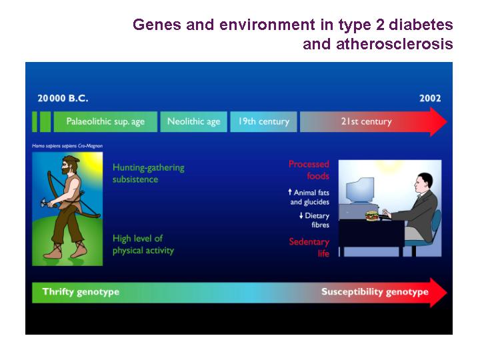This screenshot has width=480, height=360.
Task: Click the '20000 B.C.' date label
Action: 63,98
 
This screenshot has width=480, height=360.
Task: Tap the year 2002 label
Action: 430,98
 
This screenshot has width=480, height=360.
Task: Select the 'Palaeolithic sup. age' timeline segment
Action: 105,121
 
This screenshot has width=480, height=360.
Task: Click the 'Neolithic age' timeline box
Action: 193,121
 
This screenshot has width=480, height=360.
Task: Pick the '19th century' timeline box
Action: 263,121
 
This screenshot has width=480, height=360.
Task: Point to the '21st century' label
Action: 367,121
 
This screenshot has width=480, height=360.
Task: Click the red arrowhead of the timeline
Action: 439,121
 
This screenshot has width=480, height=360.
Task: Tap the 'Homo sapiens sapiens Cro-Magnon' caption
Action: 67,146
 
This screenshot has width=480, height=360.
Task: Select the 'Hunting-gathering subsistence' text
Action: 149,173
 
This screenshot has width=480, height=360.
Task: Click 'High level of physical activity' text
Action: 143,244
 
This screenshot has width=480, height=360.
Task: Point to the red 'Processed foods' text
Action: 309,170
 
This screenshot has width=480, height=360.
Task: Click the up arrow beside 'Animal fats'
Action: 290,192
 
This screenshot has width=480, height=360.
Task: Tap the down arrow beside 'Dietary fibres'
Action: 301,215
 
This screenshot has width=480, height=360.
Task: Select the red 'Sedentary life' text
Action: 309,247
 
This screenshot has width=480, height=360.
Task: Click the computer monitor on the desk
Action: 360,191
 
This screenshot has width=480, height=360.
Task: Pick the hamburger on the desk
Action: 372,215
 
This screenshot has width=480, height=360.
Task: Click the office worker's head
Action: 423,184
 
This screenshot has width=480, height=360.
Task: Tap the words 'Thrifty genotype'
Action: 81,292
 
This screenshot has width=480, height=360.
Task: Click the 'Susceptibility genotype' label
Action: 375,292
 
